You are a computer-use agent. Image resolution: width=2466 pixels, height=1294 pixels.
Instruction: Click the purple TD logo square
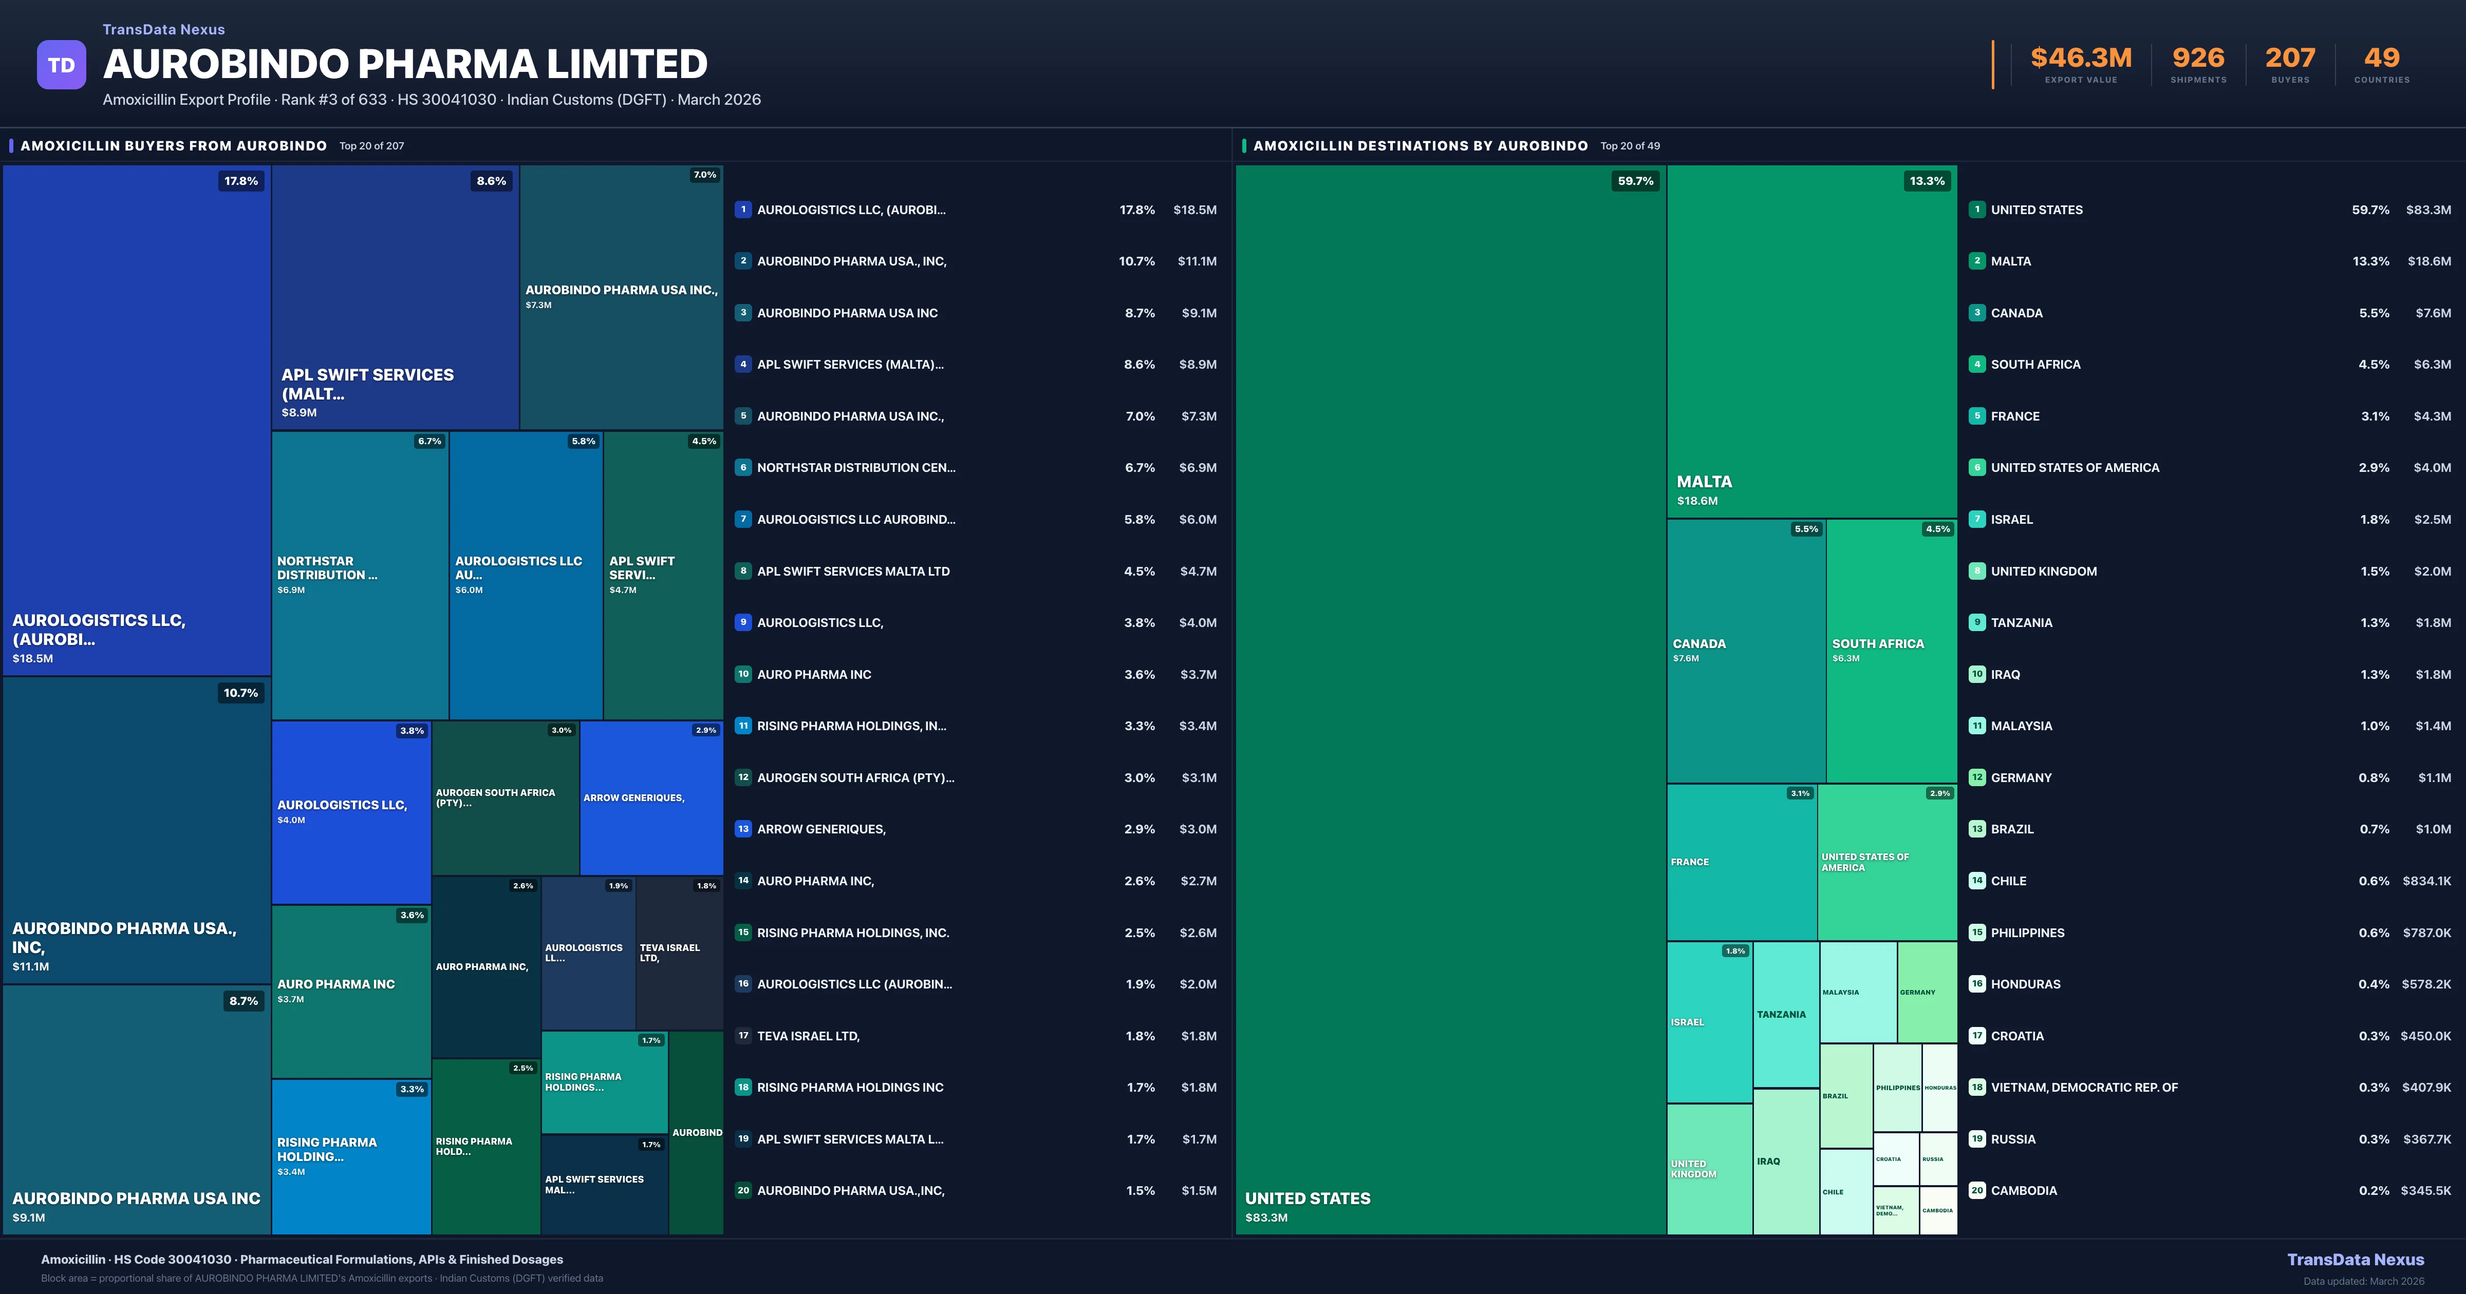[x=61, y=65]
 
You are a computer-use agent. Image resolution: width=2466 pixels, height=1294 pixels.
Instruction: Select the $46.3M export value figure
[x=2081, y=59]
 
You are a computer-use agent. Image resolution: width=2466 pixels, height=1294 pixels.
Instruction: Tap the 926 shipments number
[x=2198, y=59]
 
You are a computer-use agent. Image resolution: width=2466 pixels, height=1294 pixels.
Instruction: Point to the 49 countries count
[x=2382, y=59]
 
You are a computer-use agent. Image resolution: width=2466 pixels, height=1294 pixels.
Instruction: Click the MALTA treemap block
[x=1811, y=341]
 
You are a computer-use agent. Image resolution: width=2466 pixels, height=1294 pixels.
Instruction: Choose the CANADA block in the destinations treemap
[x=1746, y=651]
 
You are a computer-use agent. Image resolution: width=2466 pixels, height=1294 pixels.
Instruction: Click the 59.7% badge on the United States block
[x=1635, y=181]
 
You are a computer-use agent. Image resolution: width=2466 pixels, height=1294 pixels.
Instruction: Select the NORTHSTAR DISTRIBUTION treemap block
[x=360, y=574]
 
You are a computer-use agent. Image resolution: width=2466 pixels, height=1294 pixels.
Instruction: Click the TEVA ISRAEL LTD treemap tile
[x=679, y=953]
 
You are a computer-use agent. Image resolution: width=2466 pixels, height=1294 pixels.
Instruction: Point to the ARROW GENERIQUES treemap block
[x=651, y=797]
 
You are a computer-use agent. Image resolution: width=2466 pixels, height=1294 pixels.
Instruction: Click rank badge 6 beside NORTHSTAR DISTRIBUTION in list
[x=743, y=468]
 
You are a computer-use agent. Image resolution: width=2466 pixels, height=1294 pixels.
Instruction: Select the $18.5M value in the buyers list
[x=1194, y=210]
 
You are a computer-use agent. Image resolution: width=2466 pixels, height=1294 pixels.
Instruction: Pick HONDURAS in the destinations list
[x=2026, y=984]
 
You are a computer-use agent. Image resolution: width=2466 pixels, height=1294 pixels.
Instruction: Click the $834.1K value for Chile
[x=2426, y=881]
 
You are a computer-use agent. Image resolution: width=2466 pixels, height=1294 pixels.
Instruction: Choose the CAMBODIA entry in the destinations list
[x=2024, y=1191]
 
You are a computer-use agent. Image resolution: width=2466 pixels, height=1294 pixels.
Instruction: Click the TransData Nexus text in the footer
[x=2355, y=1260]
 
